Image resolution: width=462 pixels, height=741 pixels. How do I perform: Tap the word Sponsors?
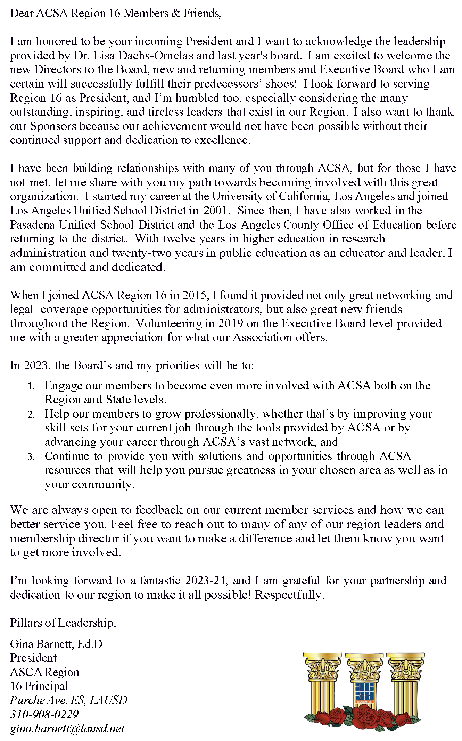(x=53, y=126)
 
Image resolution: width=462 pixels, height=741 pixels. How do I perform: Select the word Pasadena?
(x=32, y=225)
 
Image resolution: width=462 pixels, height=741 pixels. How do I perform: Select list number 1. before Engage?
(x=31, y=386)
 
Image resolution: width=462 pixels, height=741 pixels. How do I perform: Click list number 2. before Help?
(x=31, y=414)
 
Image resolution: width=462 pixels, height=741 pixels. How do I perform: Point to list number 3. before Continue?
(x=31, y=457)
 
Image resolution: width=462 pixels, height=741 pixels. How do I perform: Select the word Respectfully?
(x=289, y=595)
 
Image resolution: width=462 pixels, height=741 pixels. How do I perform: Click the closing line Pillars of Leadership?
(x=63, y=623)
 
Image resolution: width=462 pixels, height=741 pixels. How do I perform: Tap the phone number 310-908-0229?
(x=44, y=714)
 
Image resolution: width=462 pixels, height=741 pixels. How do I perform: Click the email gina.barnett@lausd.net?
(x=67, y=728)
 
